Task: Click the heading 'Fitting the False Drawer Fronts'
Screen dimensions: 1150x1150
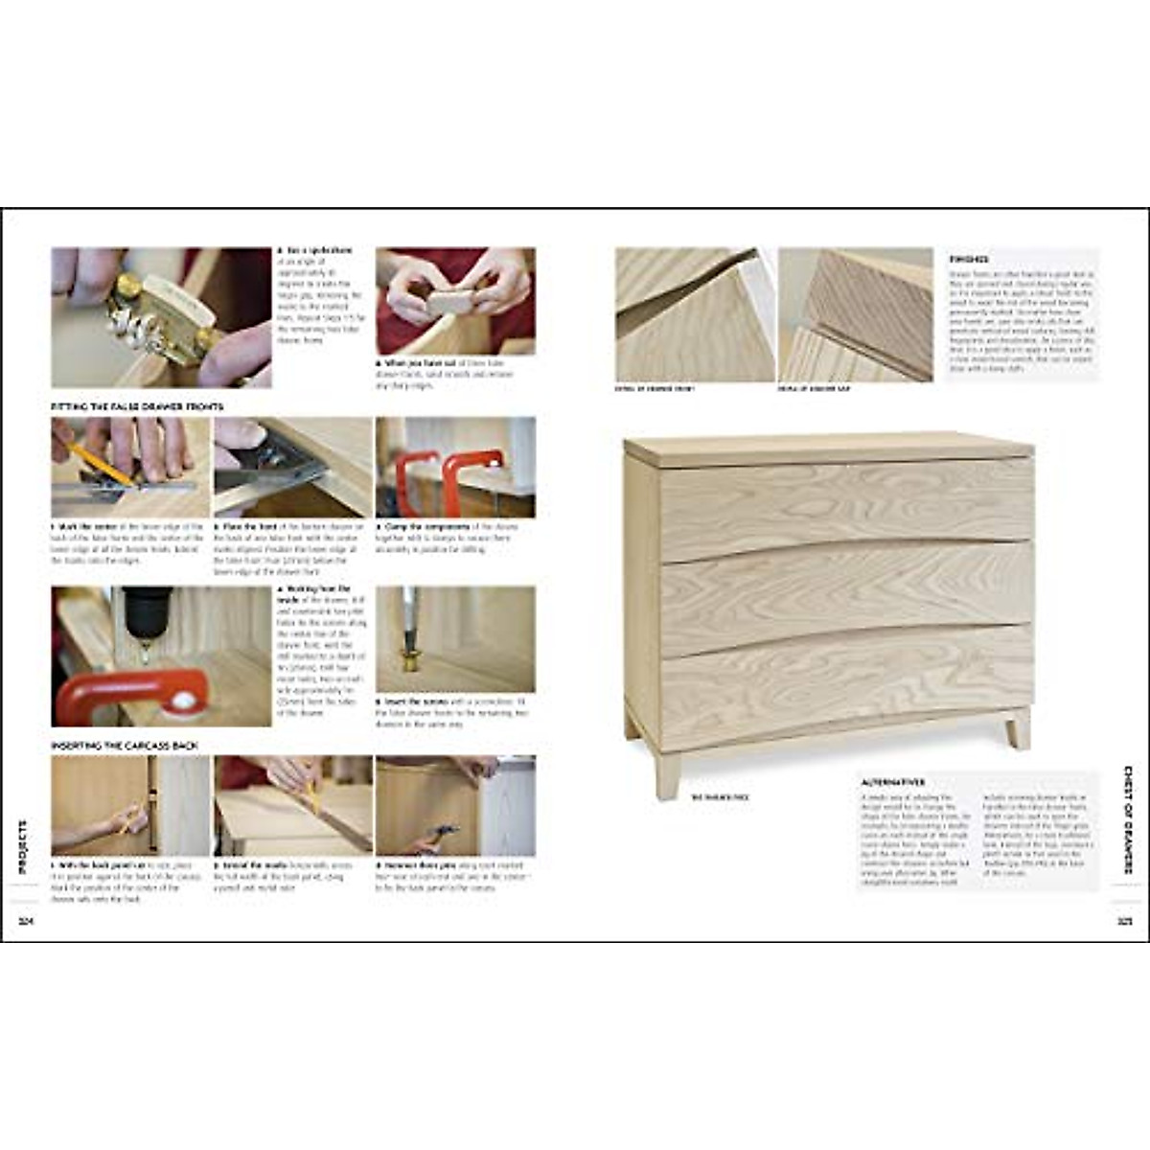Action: [136, 407]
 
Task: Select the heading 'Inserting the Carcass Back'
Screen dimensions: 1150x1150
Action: [125, 745]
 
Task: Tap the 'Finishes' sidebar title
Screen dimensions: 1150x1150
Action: [969, 260]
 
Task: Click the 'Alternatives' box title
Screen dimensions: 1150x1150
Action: [893, 783]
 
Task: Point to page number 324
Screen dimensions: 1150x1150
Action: [25, 922]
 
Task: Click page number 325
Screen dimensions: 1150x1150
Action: [1124, 922]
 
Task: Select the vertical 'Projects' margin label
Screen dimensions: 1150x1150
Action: [24, 847]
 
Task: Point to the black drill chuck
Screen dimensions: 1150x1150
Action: [147, 612]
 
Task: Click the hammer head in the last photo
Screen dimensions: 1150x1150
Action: [446, 831]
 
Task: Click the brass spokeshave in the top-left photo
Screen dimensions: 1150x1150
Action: [153, 316]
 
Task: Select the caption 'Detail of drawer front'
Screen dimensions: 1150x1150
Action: [655, 389]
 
